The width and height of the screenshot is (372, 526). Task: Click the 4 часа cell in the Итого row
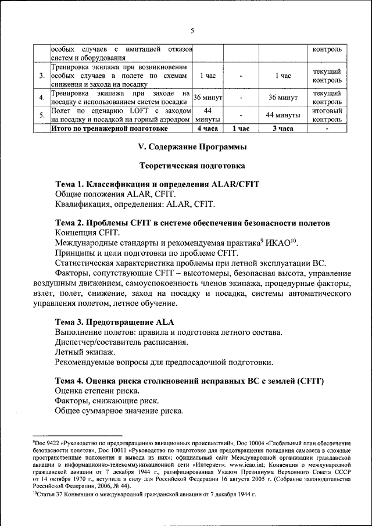coord(208,128)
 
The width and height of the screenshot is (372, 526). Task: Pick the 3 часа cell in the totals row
coord(282,128)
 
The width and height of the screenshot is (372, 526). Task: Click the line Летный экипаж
coord(84,352)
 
